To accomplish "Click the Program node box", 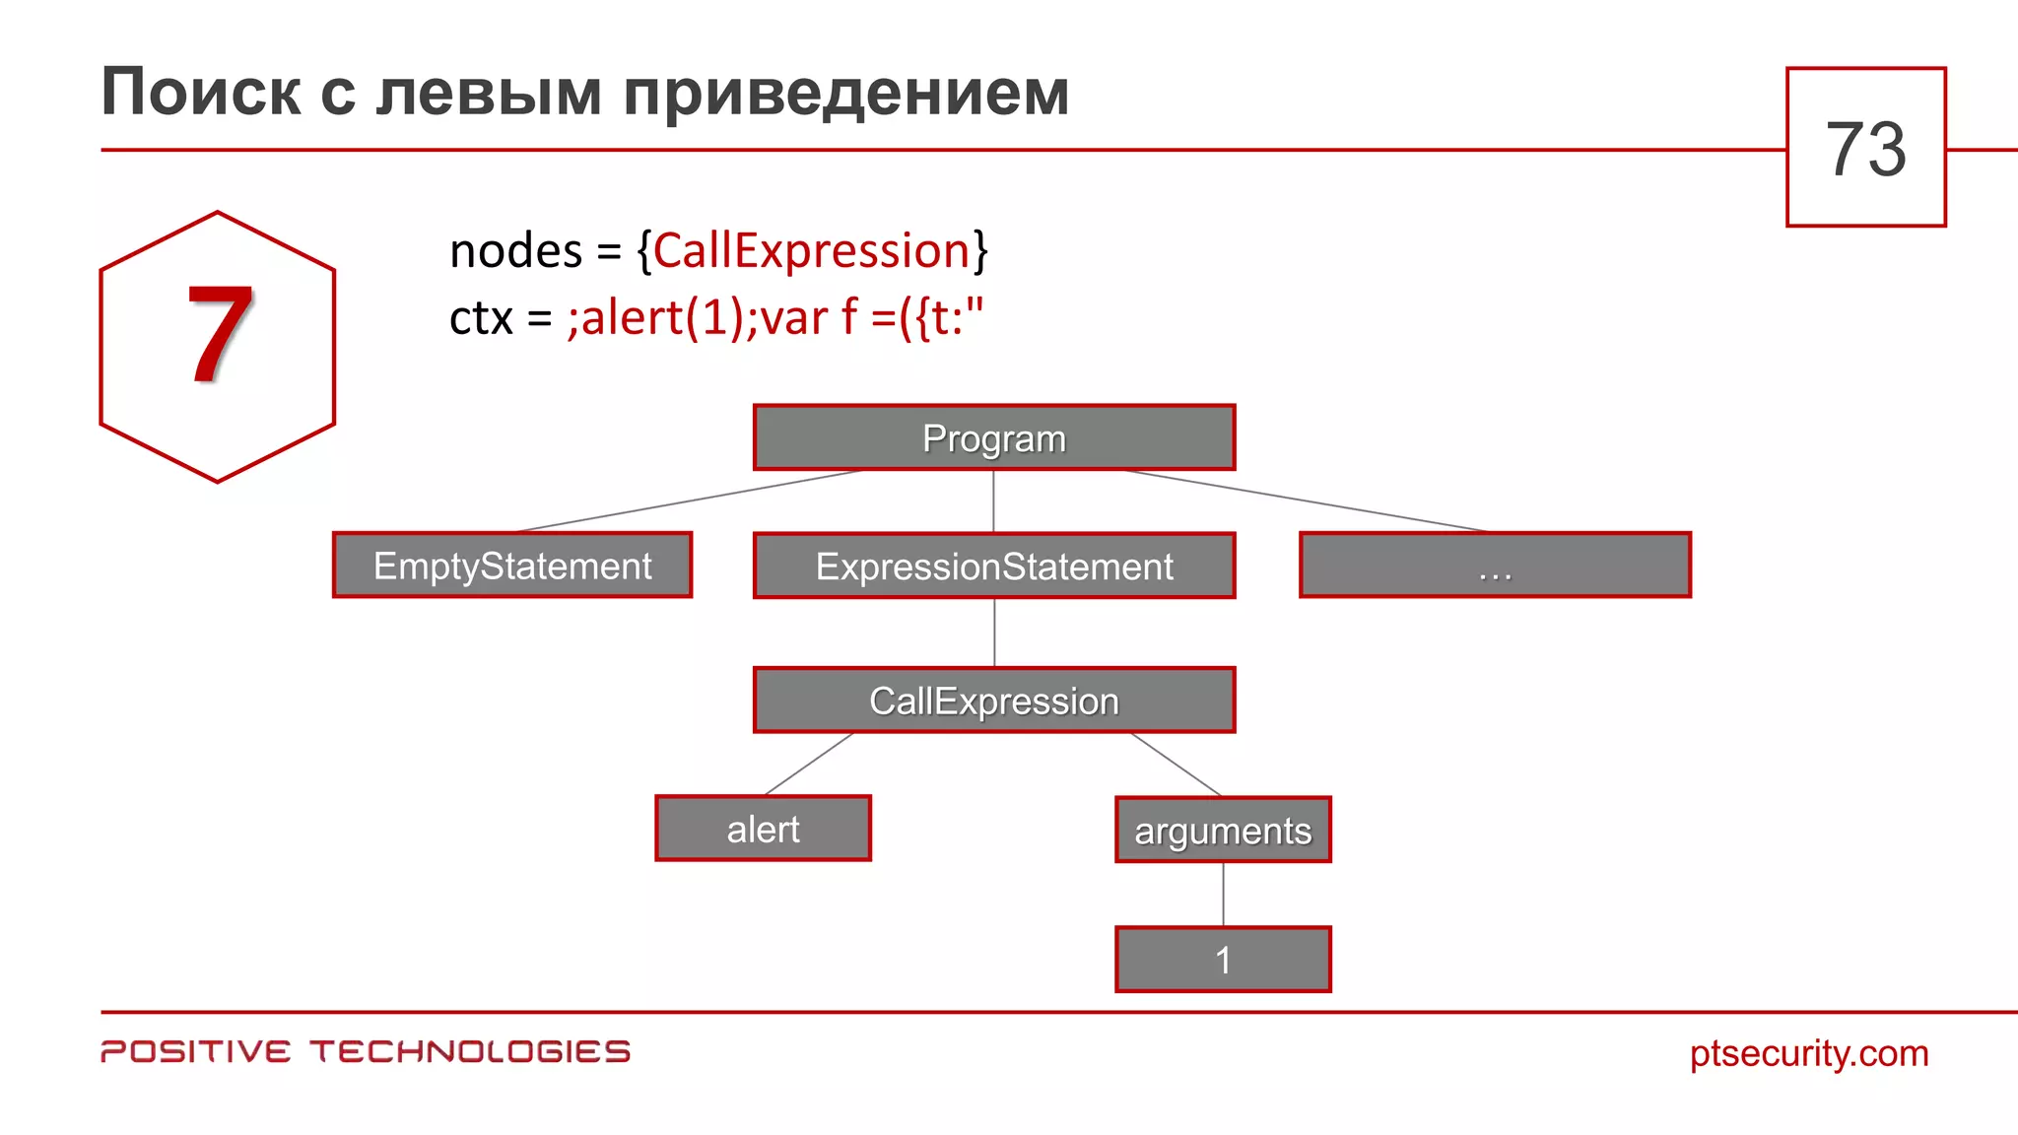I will pos(993,437).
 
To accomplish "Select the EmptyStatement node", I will pos(512,566).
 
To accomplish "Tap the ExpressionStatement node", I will pos(993,567).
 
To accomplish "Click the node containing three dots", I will pos(1495,566).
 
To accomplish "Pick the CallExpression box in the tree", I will pos(993,701).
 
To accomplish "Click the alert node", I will pos(763,829).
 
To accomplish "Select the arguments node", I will pos(1223,831).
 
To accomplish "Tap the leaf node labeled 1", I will pos(1223,960).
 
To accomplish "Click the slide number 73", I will pos(1865,149).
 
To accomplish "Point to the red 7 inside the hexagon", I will pos(219,335).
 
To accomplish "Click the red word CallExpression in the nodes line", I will pos(811,250).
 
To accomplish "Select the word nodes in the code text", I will pos(515,250).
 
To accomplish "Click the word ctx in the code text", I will pos(481,318).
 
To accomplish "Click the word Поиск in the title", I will pos(201,93).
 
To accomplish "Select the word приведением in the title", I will pos(846,93).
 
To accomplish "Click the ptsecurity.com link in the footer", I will pos(1808,1053).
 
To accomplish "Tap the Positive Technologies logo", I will pos(366,1051).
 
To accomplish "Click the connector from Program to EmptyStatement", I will pos(690,501).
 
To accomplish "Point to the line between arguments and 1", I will pos(1223,895).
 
